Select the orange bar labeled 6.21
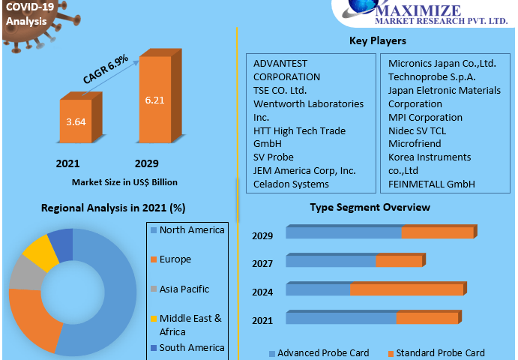[x=154, y=100]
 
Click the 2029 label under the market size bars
[x=146, y=163]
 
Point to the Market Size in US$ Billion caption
[x=124, y=181]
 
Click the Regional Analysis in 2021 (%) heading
[x=113, y=208]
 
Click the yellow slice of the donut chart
[x=39, y=253]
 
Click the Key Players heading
[x=378, y=40]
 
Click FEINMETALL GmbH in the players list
[x=432, y=184]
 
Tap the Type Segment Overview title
[x=370, y=207]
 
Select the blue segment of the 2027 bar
[x=331, y=261]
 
